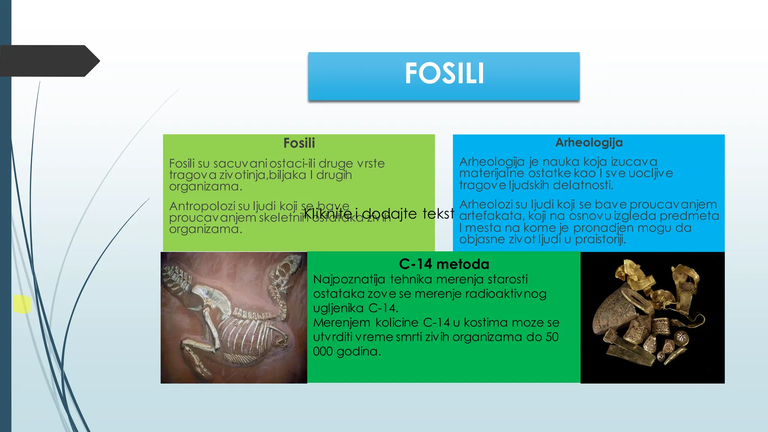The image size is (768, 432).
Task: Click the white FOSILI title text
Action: point(444,73)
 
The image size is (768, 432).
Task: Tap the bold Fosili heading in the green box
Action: point(299,143)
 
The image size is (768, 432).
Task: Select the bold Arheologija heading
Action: point(589,142)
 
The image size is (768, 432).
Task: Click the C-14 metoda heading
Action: point(444,264)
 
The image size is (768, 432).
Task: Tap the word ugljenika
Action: point(338,308)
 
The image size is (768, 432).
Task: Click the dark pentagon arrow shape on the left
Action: point(49,61)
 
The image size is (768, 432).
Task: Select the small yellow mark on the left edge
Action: point(22,304)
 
